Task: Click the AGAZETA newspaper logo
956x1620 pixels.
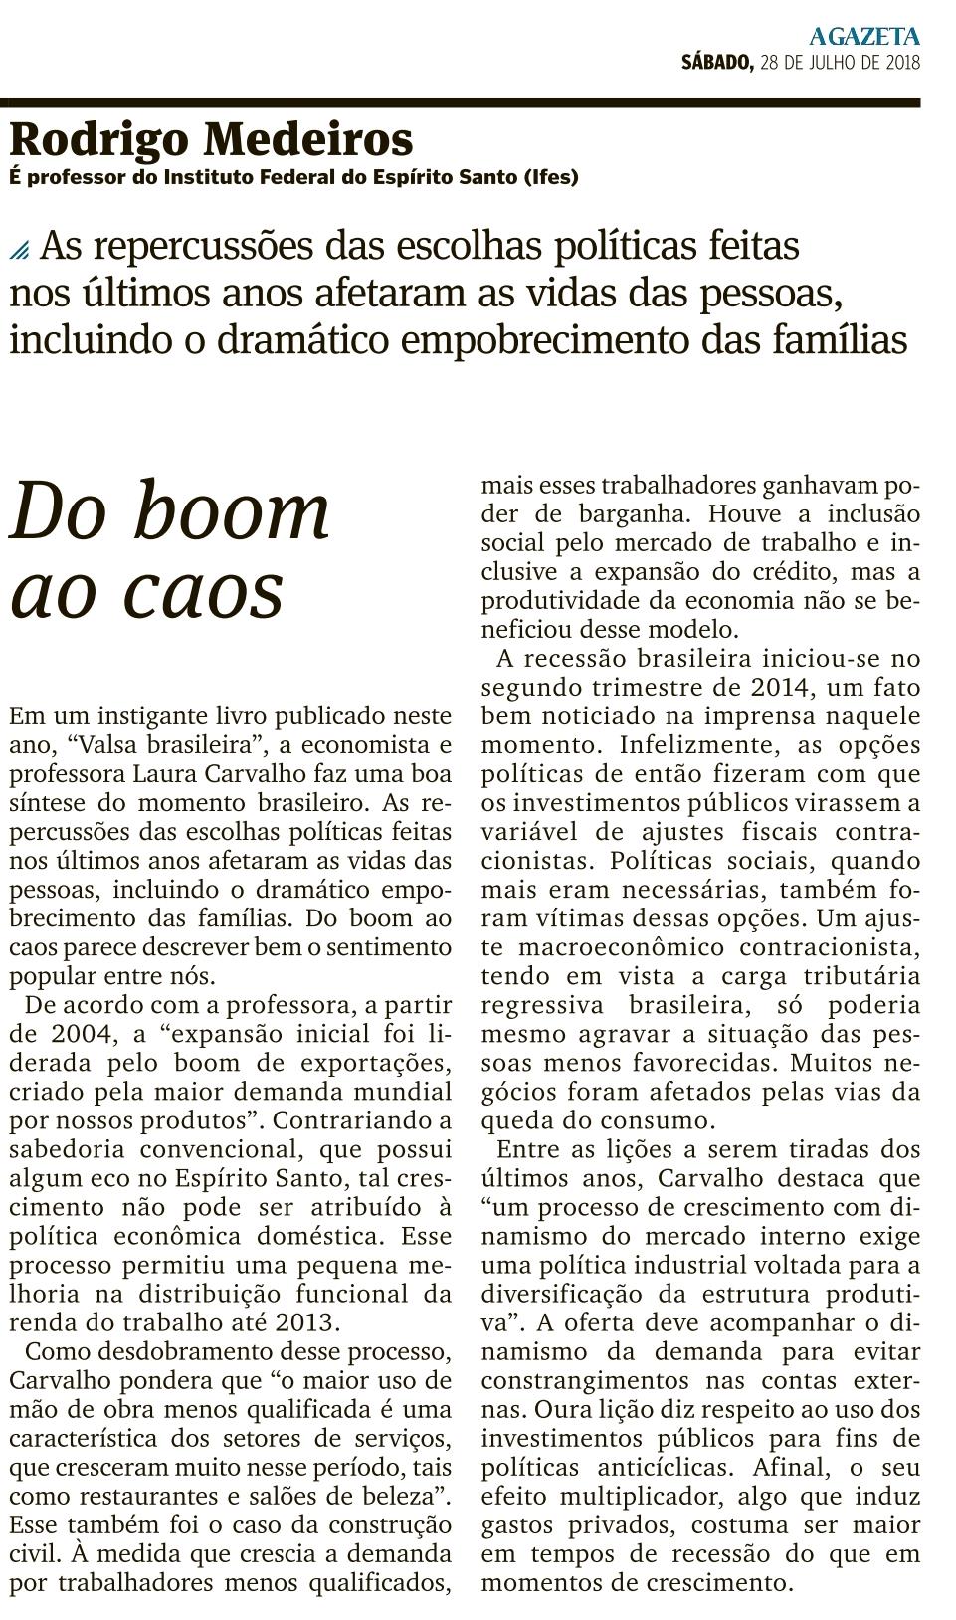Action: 863,37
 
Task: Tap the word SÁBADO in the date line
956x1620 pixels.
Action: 716,63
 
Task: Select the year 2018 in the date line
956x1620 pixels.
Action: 901,63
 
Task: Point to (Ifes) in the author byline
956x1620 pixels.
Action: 551,177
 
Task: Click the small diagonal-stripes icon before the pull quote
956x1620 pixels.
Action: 20,250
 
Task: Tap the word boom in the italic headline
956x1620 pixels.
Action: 232,511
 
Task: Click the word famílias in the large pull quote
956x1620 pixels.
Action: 840,340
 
